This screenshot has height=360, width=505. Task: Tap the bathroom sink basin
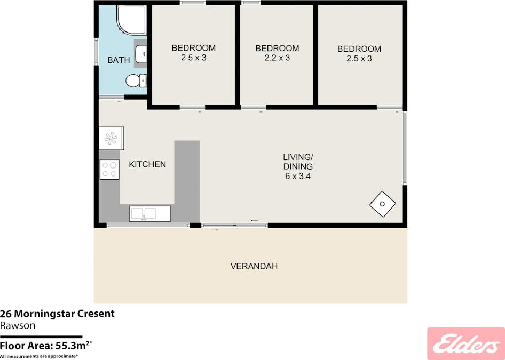click(141, 54)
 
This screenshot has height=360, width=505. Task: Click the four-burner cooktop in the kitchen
click(109, 169)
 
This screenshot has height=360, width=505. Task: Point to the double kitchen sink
click(150, 214)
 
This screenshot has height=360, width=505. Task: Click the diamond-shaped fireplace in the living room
click(382, 204)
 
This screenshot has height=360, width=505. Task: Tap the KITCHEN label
click(147, 164)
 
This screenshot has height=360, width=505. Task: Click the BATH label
click(119, 60)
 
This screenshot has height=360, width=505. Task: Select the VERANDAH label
click(254, 266)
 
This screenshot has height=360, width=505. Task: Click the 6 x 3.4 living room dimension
click(297, 177)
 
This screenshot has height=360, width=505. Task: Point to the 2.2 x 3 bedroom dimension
click(277, 58)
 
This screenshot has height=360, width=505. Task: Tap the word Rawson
click(18, 325)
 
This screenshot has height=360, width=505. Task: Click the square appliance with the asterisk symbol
click(111, 138)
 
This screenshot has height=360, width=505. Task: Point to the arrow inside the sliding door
click(255, 220)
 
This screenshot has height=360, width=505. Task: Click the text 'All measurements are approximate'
click(39, 356)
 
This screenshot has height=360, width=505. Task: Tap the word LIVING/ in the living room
click(298, 157)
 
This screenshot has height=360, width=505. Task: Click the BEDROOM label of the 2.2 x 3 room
click(277, 49)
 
